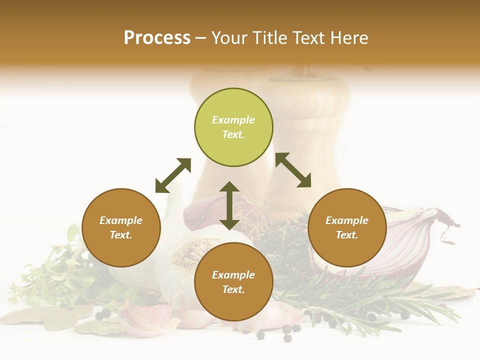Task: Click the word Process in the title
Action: (x=157, y=38)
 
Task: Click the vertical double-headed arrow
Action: (x=229, y=205)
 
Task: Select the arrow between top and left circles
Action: (x=173, y=175)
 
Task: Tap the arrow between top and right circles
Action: (x=293, y=170)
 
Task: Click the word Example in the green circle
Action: (x=233, y=120)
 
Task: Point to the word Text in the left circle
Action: (x=121, y=235)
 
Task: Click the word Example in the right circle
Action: (x=347, y=220)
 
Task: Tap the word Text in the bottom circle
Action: (x=233, y=289)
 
